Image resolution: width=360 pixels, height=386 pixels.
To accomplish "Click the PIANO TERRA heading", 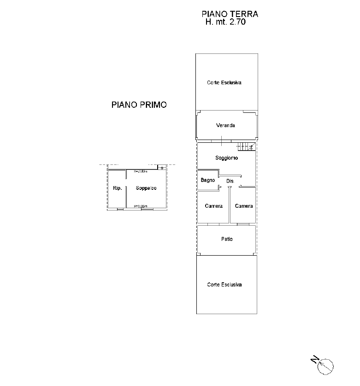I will click(230, 14).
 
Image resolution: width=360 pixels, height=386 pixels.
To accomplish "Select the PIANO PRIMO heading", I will click(139, 105).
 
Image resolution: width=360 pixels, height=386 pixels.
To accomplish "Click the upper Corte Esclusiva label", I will click(224, 83).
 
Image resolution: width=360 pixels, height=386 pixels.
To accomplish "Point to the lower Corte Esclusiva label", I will click(224, 285).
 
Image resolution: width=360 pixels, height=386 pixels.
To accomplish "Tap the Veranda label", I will click(226, 125).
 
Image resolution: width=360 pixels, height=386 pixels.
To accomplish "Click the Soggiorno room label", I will click(226, 158).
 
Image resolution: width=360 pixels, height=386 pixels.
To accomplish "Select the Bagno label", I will click(208, 180).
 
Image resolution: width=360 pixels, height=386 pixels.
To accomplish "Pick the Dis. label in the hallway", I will click(230, 181).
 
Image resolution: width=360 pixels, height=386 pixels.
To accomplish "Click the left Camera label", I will click(214, 206).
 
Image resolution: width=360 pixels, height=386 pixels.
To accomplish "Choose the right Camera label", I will click(244, 206).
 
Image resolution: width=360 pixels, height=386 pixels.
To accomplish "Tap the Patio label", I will click(226, 239).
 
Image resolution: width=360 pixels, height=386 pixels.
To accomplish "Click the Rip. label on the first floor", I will click(117, 188).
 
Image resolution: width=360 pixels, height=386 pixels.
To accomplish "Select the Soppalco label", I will click(146, 188).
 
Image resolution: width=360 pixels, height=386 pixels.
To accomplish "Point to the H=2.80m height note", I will click(140, 171).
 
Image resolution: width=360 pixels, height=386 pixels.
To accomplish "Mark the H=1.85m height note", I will click(140, 206).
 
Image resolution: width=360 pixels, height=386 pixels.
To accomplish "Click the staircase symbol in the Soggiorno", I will click(246, 147).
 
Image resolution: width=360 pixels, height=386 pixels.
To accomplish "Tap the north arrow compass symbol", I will click(326, 365).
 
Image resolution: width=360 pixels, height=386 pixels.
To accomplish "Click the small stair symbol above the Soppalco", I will click(161, 167).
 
